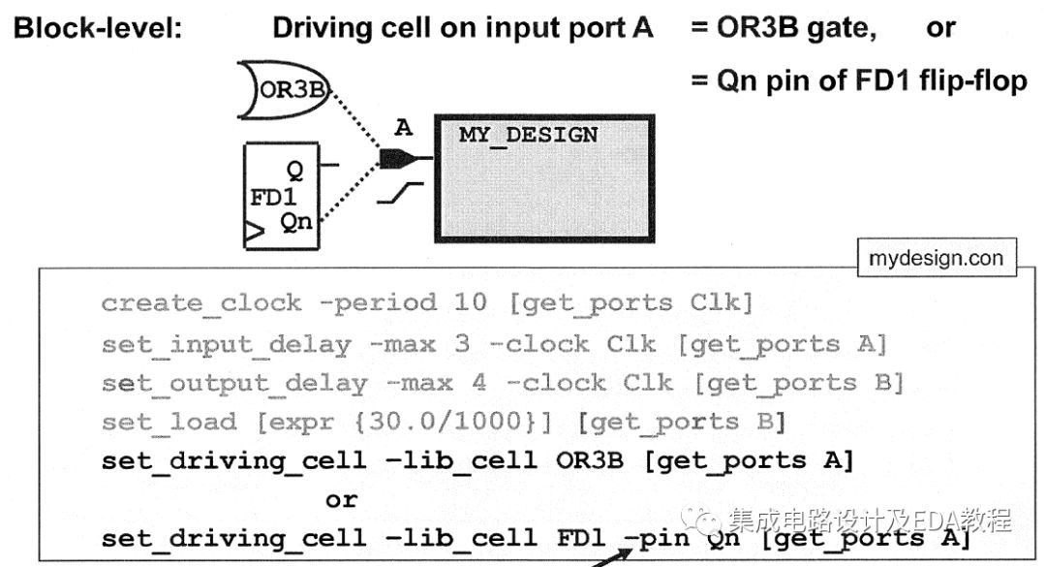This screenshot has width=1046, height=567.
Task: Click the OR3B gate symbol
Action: click(x=285, y=92)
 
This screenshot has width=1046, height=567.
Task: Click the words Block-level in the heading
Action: click(x=97, y=28)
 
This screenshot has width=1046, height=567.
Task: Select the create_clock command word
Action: click(x=201, y=303)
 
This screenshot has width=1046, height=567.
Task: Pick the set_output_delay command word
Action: click(x=234, y=383)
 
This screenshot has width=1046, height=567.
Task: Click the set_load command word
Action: click(x=169, y=422)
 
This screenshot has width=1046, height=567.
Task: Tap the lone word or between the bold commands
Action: click(x=341, y=499)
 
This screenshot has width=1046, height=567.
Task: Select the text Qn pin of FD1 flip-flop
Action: click(x=872, y=80)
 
